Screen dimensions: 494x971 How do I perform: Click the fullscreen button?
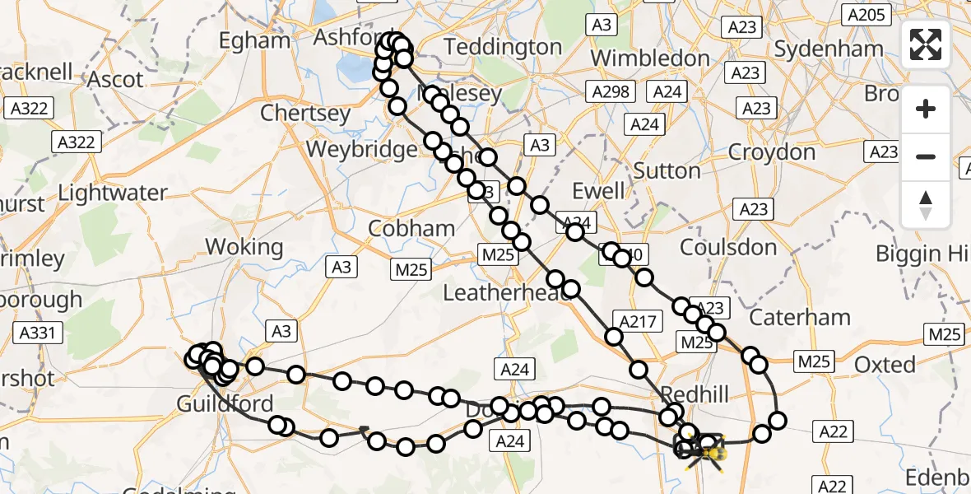926,44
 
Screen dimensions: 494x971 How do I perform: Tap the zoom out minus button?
926,156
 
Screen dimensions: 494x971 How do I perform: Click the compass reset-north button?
926,205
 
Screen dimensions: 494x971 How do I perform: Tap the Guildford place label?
225,404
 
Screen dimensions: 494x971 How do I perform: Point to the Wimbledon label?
650,58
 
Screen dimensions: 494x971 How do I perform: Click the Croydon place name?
772,152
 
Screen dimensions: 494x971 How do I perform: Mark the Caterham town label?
800,317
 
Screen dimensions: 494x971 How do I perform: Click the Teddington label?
503,47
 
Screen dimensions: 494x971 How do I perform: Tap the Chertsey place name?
305,113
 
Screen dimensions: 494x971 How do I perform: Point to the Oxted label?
885,364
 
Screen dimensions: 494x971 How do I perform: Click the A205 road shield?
866,14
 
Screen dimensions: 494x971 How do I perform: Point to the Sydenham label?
829,49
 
